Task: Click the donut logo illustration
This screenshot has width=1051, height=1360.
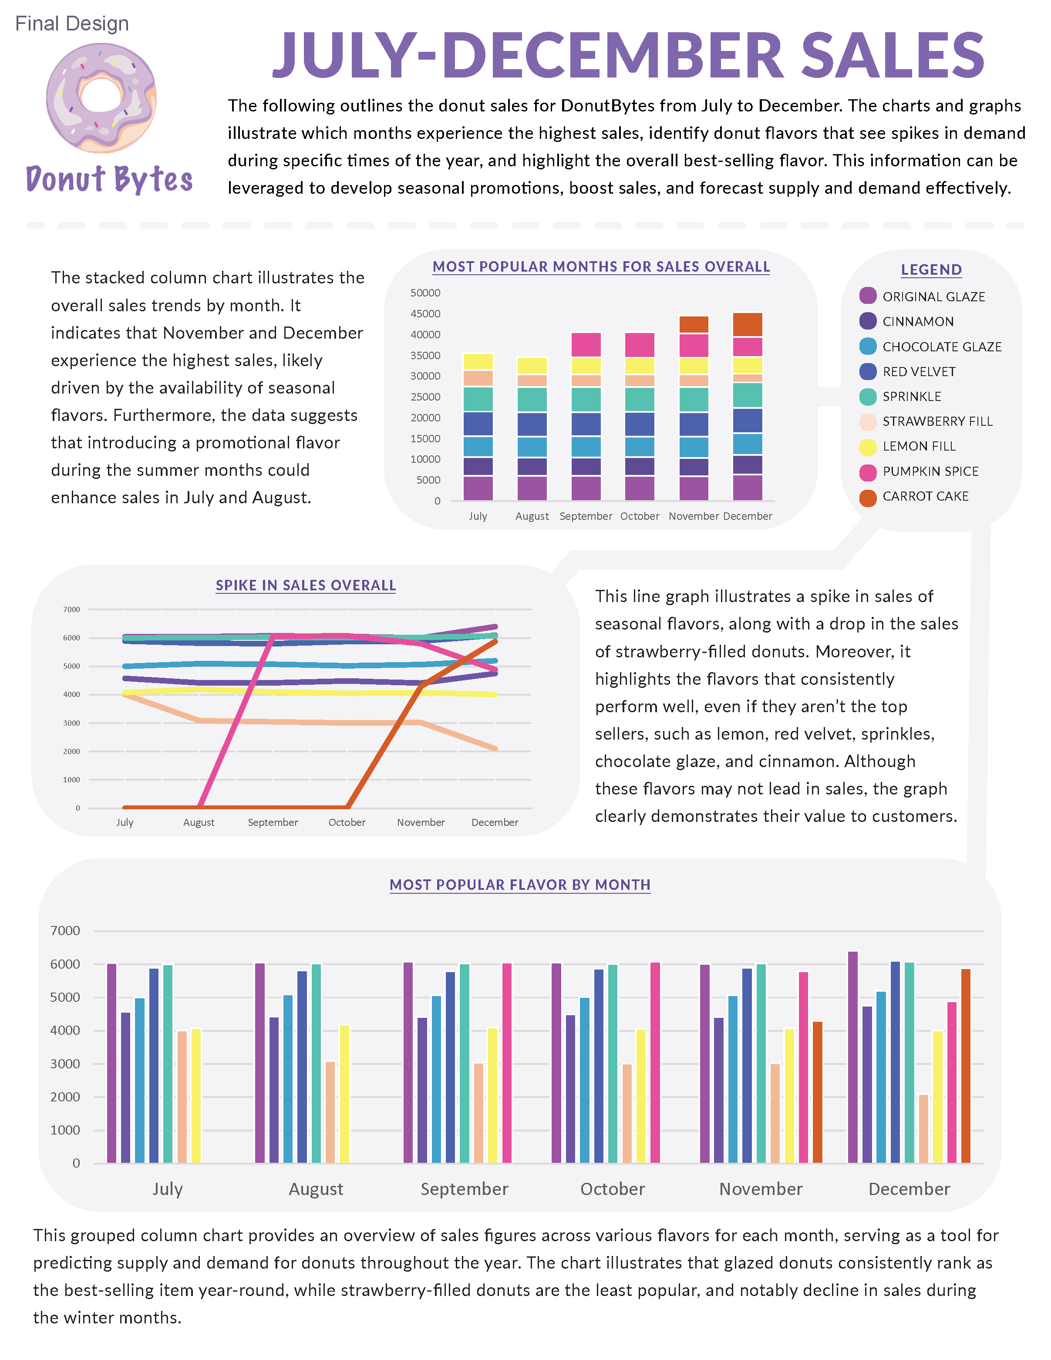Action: click(x=101, y=98)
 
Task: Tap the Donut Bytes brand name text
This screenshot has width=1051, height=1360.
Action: click(x=109, y=179)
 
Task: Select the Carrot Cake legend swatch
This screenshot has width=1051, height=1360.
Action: click(x=867, y=498)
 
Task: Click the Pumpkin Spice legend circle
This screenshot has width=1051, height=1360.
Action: click(x=867, y=473)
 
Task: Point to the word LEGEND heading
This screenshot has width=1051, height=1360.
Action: click(x=931, y=269)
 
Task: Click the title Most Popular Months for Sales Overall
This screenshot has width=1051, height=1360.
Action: click(x=601, y=266)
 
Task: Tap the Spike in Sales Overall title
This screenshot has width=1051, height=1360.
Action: click(x=305, y=586)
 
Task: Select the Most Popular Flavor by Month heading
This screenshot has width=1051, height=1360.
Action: click(x=520, y=885)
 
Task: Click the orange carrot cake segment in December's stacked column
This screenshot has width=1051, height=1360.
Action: click(x=747, y=324)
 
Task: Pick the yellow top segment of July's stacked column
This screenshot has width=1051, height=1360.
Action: click(x=478, y=361)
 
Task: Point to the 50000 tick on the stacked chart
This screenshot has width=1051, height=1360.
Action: click(x=425, y=293)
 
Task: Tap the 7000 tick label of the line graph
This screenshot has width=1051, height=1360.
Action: click(x=71, y=609)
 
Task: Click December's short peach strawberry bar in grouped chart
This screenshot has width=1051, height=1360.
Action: click(x=923, y=1128)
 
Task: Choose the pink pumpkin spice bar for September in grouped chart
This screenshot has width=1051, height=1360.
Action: click(x=507, y=1062)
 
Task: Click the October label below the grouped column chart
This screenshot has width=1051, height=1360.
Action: click(x=613, y=1189)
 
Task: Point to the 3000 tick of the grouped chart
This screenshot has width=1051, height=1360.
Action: click(x=65, y=1064)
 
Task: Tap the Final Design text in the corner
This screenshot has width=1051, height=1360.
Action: click(x=71, y=24)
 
